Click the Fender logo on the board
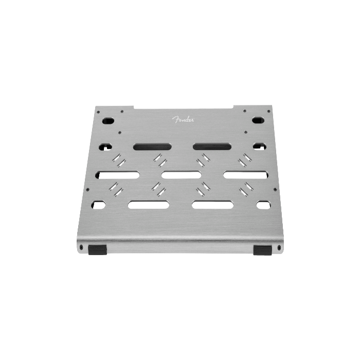(183, 119)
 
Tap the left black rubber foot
(97, 250)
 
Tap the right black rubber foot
(262, 250)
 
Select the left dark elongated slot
(152, 147)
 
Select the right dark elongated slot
(212, 146)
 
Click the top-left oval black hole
(108, 120)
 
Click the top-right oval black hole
(258, 120)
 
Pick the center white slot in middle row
(182, 175)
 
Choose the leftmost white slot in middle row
(117, 175)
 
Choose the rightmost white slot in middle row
(246, 175)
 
